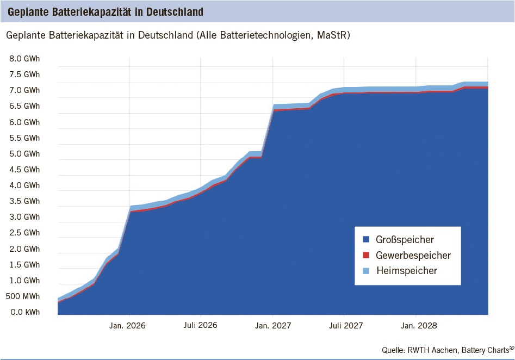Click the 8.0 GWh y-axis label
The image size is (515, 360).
[x=24, y=59]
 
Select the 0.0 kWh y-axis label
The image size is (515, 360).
[x=24, y=312]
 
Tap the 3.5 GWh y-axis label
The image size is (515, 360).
[x=24, y=201]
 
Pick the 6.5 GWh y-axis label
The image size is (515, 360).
[x=24, y=106]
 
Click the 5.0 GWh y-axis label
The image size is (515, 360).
[x=24, y=154]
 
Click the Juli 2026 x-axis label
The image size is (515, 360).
[x=201, y=326]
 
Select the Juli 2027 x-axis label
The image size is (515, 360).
[x=344, y=326]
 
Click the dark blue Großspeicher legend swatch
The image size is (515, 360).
[x=365, y=240]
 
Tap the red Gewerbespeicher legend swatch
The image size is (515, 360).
[x=365, y=255]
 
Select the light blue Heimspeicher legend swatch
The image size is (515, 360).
[x=365, y=271]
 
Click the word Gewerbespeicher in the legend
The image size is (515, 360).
[x=413, y=255]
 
